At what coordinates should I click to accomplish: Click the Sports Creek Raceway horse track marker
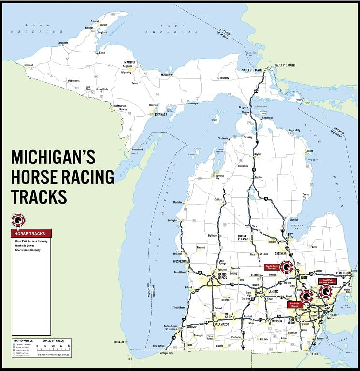tap(287, 267)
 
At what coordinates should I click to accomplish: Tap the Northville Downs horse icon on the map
tap(305, 297)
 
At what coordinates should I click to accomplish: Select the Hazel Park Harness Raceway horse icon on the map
tap(326, 291)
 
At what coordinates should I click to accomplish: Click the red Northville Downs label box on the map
tap(294, 305)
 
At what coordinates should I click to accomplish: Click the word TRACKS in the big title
tap(39, 196)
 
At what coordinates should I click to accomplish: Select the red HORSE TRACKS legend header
tap(30, 234)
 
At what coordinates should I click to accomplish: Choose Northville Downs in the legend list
tap(25, 245)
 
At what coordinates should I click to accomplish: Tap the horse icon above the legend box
tap(18, 221)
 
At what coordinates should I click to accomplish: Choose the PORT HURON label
tap(344, 273)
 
